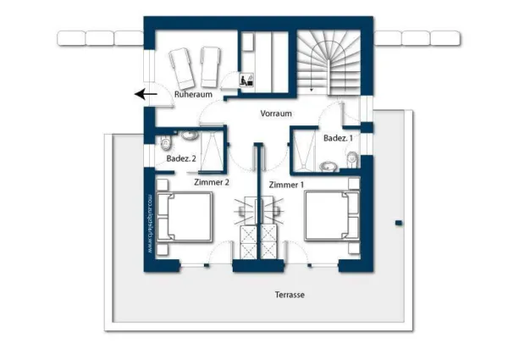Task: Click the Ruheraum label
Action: point(193,95)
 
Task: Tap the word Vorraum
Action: point(276,114)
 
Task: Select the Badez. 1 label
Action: point(338,138)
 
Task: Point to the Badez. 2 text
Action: point(181,158)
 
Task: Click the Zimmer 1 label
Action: point(285,185)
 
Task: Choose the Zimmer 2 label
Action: point(212,182)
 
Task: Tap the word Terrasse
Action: point(290,295)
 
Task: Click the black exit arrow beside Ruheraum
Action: point(146,95)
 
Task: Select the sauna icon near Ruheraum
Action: point(246,81)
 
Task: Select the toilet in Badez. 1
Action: point(351,158)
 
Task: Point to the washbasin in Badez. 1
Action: point(329,166)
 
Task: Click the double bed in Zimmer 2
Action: point(186,216)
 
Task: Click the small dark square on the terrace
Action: point(398,223)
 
